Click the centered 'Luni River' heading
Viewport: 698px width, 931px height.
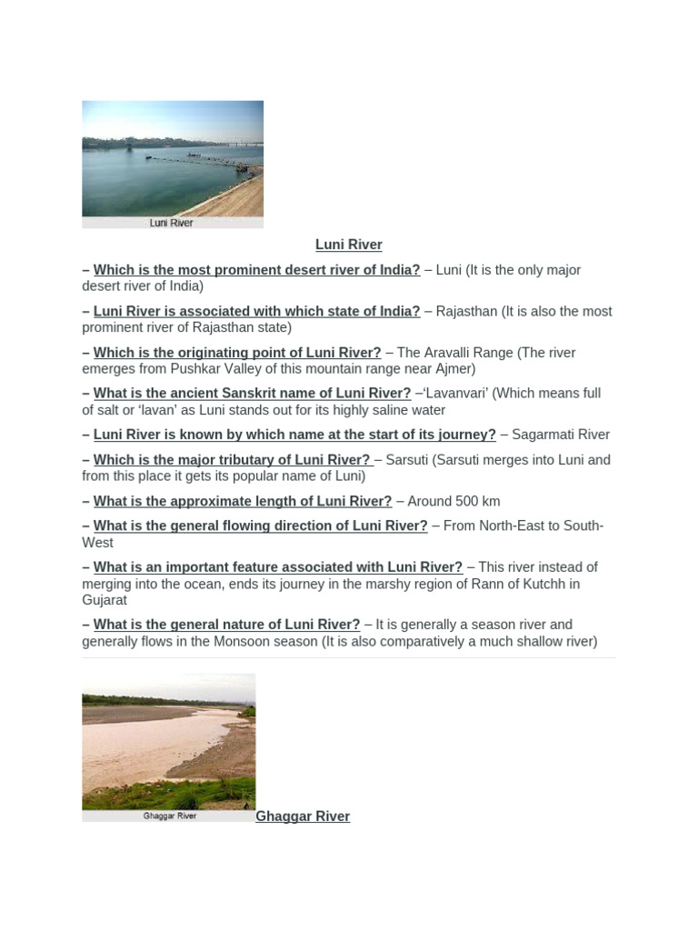[x=348, y=245]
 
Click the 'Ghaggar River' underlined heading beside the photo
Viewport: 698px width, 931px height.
[x=303, y=816]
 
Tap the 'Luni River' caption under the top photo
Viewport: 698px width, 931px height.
[x=172, y=223]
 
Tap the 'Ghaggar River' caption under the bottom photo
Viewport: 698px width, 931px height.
[x=169, y=816]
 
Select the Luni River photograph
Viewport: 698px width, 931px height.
[x=173, y=158]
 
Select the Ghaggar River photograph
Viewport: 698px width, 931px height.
[x=169, y=741]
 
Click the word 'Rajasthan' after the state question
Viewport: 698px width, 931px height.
[x=466, y=311]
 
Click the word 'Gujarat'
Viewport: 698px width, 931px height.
[x=105, y=600]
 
